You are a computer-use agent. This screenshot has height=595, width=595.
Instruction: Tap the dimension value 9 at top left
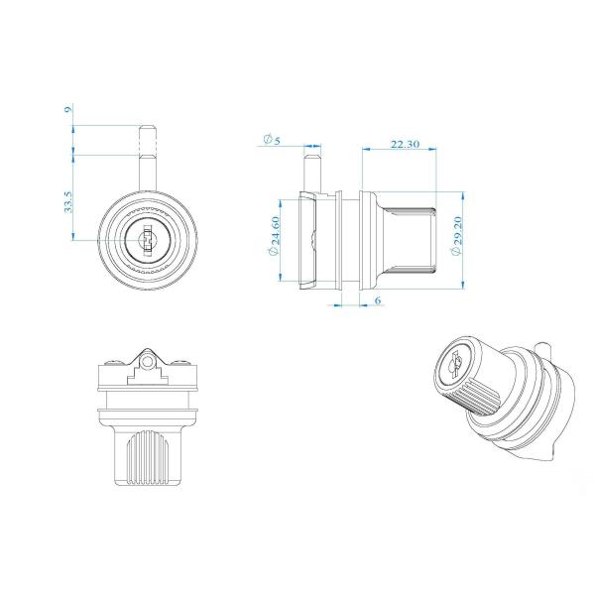pos(67,110)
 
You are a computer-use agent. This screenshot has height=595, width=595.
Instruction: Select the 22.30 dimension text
pos(405,144)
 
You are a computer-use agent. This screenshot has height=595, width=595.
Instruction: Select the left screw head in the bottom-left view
pos(117,362)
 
